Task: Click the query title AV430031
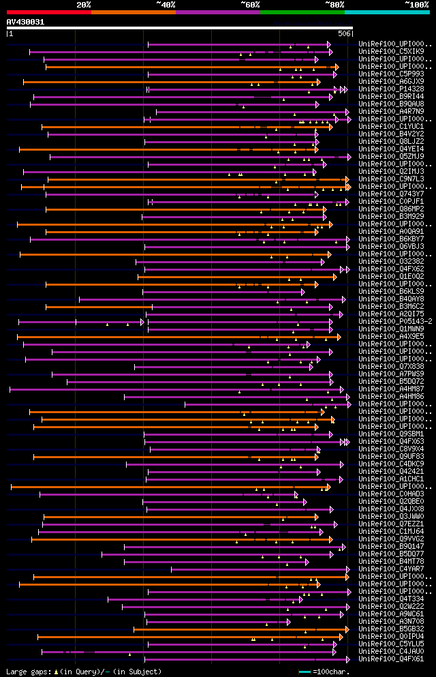click(25, 22)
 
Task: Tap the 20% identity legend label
click(83, 4)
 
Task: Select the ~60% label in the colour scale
click(250, 4)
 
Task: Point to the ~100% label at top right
click(417, 4)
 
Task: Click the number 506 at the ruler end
click(344, 33)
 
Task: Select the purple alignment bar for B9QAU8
click(170, 104)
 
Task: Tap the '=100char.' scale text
click(332, 672)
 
